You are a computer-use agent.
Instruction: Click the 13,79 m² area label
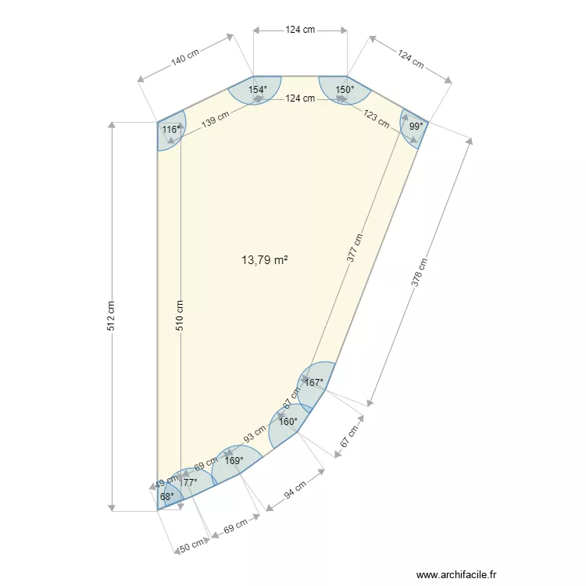266,260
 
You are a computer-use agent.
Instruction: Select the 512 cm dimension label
111,316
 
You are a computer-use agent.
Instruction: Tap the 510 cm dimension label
180,316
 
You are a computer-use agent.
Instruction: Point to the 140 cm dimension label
185,56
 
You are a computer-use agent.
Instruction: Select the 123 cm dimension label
376,118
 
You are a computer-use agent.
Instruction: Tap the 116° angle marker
171,129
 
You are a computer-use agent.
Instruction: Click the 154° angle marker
258,90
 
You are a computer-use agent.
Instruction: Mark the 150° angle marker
345,90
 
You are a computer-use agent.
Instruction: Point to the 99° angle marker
416,125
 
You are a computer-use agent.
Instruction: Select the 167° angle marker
314,383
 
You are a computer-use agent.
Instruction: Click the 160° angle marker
288,422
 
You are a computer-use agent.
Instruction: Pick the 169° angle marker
234,460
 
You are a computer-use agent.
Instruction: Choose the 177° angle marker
188,483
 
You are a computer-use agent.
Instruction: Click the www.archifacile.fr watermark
456,573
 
